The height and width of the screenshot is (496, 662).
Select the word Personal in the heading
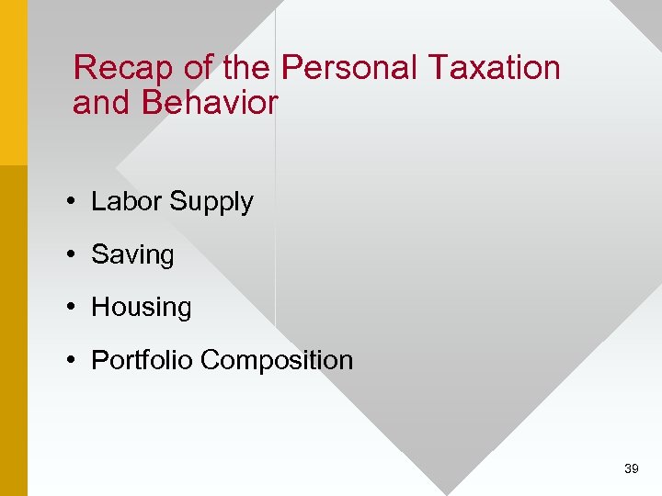pyautogui.click(x=348, y=68)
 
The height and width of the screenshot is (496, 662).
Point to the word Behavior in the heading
pyautogui.click(x=209, y=104)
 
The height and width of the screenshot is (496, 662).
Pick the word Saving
pyautogui.click(x=132, y=255)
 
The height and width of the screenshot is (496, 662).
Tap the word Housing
pyautogui.click(x=142, y=309)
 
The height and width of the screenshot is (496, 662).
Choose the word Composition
pyautogui.click(x=276, y=361)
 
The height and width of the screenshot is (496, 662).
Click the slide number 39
pyautogui.click(x=631, y=468)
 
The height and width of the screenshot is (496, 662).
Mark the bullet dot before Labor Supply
pyautogui.click(x=71, y=202)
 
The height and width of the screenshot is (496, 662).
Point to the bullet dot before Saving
pyautogui.click(x=71, y=254)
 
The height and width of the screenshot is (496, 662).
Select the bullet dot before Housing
pyautogui.click(x=71, y=308)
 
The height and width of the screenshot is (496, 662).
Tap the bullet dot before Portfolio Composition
pyautogui.click(x=71, y=360)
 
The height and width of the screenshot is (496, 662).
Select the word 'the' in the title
pyautogui.click(x=245, y=68)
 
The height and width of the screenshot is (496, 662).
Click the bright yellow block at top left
pyautogui.click(x=13, y=83)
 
